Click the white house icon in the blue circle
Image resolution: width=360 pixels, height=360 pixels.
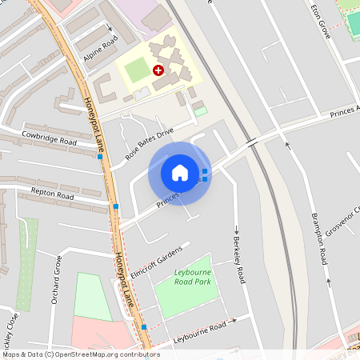(x=180, y=173)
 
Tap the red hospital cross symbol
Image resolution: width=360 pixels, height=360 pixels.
(x=158, y=70)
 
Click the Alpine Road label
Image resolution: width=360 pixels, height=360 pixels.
(x=100, y=50)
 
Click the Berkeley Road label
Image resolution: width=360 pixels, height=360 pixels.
(x=238, y=261)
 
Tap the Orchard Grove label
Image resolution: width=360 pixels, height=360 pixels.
(x=58, y=280)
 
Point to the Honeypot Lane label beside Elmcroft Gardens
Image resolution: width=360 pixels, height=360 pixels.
(x=123, y=279)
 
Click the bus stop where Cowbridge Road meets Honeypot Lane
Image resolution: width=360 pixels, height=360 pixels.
(x=100, y=157)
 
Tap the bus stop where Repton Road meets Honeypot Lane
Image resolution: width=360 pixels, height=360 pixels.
(x=116, y=206)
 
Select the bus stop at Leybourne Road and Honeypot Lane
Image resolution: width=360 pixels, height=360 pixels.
(x=144, y=326)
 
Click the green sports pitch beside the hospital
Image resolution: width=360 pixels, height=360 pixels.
(x=137, y=70)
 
